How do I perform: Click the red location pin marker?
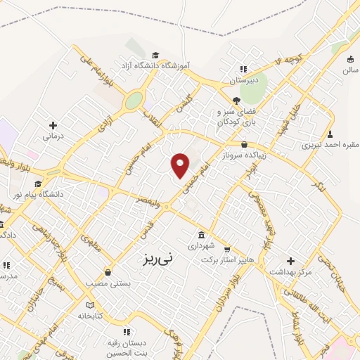click(x=181, y=165)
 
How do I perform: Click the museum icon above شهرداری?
click(x=202, y=234)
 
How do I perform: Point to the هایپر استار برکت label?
click(x=226, y=259)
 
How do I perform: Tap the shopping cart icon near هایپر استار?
click(x=226, y=248)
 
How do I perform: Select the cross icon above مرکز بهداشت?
click(x=290, y=260)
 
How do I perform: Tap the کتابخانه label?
click(x=89, y=316)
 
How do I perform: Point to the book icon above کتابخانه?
click(x=89, y=304)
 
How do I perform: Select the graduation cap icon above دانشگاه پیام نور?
click(x=38, y=184)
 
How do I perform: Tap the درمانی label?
click(x=53, y=135)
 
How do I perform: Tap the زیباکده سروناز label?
click(x=243, y=155)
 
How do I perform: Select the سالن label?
click(x=350, y=71)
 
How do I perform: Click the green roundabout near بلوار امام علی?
click(x=133, y=101)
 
